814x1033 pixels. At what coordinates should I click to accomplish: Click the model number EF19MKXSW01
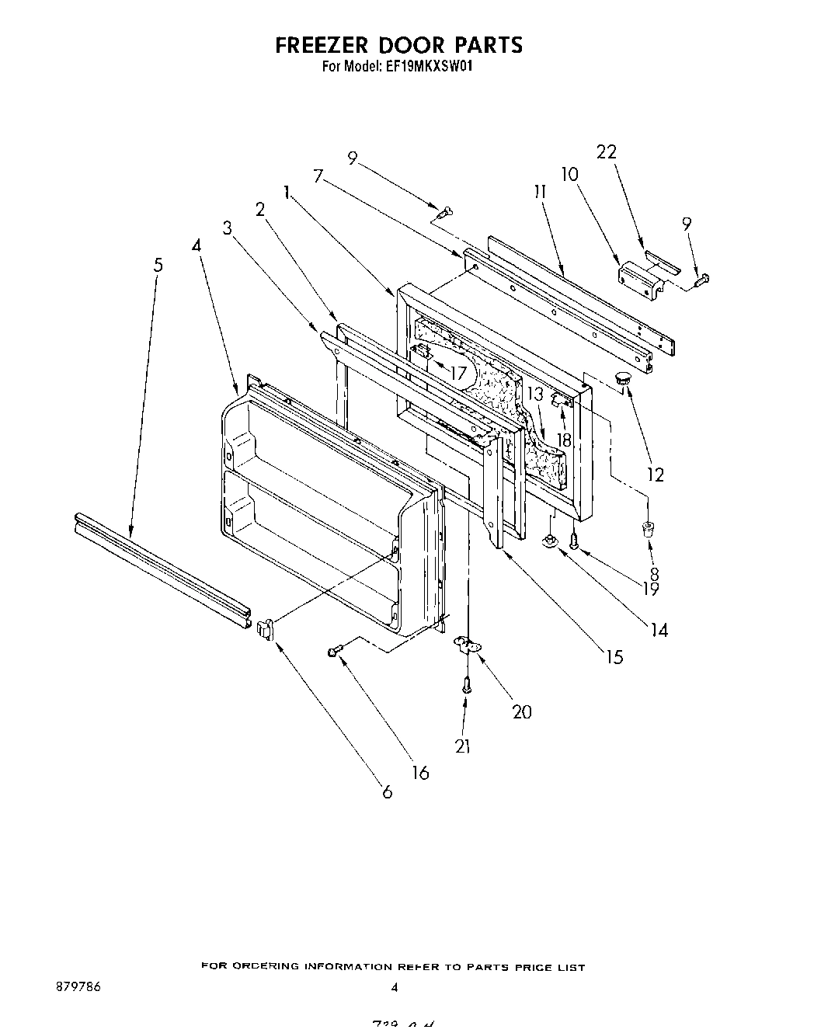(x=427, y=67)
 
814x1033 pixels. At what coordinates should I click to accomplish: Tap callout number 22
(x=606, y=152)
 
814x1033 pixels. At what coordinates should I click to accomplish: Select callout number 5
(x=158, y=265)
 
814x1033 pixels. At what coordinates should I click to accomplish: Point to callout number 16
(x=419, y=773)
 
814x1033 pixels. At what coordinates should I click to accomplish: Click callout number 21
(x=463, y=746)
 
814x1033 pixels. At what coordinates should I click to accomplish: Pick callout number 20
(x=522, y=711)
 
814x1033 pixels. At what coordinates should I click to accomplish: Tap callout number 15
(x=614, y=657)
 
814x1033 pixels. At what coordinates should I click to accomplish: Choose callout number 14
(x=659, y=630)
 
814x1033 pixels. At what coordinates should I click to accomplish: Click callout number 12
(x=656, y=475)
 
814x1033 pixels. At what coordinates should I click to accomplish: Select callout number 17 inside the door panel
(x=458, y=373)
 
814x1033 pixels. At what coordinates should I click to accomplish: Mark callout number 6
(x=387, y=792)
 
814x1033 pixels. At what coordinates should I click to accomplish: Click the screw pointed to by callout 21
(x=465, y=685)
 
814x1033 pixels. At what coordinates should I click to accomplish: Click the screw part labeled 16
(x=333, y=652)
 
